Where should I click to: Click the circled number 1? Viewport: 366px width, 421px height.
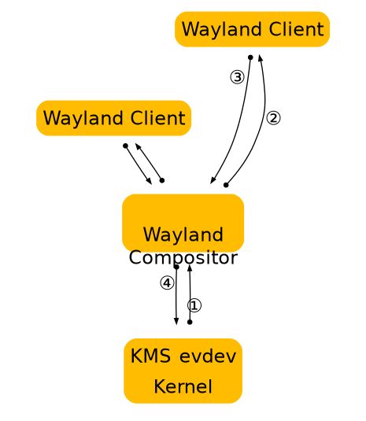coord(194,305)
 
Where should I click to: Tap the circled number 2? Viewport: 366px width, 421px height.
coord(273,118)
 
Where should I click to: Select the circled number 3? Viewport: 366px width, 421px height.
coord(238,77)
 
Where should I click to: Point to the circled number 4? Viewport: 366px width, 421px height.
coord(167,283)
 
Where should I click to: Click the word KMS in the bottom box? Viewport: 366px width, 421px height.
coord(150,356)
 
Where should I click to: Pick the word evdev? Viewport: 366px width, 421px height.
coord(208,356)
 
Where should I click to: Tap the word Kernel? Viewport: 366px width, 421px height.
coord(183,386)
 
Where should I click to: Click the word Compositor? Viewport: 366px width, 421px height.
coord(183,258)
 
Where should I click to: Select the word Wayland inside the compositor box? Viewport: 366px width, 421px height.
coord(183,235)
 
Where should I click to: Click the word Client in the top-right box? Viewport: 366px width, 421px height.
coord(297,29)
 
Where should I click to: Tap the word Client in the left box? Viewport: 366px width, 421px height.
coord(158,117)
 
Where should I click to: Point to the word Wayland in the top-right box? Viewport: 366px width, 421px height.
coord(222,30)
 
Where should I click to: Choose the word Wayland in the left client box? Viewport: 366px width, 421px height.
coord(83,118)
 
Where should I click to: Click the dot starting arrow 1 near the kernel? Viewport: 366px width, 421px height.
coord(190,322)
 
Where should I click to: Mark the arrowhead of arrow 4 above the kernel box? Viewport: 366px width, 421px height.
coord(176,321)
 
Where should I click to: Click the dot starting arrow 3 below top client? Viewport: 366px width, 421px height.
coord(250,57)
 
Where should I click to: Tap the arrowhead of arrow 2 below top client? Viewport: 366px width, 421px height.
coord(260,58)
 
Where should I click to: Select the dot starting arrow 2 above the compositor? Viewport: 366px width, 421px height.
coord(226,185)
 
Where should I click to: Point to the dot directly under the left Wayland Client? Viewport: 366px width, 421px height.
coord(125,146)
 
